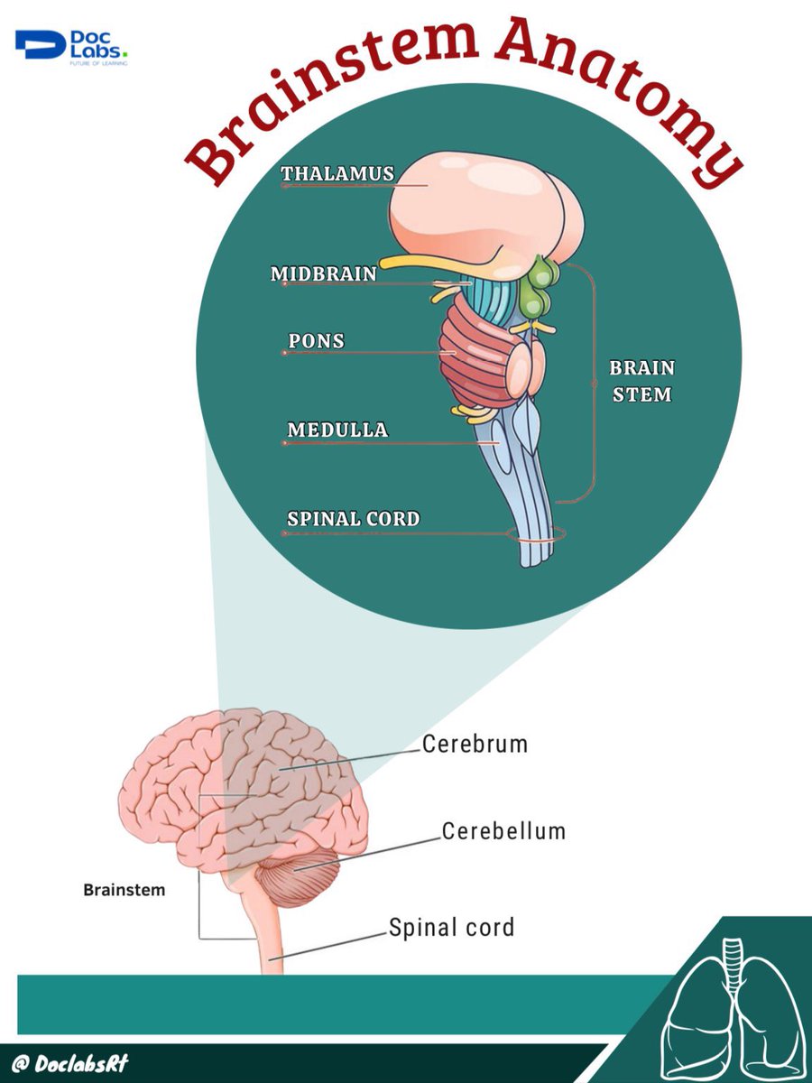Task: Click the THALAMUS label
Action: [x=337, y=173]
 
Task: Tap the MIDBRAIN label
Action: [x=324, y=273]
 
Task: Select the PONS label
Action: [x=317, y=342]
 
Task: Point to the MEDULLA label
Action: [x=337, y=430]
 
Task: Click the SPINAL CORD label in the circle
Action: [x=353, y=519]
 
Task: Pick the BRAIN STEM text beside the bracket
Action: [x=641, y=381]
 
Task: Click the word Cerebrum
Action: [x=475, y=745]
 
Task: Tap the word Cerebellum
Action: [x=503, y=831]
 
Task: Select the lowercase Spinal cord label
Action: [x=451, y=927]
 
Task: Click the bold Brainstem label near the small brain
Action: [x=125, y=890]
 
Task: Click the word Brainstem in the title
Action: [x=325, y=99]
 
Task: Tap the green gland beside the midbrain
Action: [x=540, y=284]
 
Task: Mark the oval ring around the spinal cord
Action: [x=536, y=535]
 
